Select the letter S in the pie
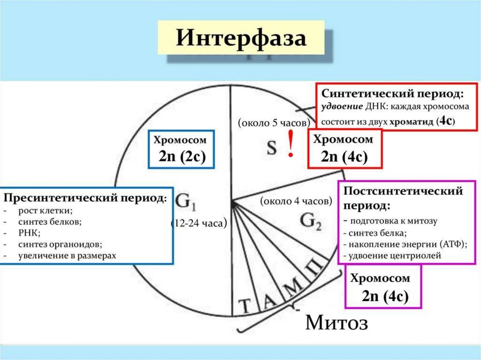pos(272,148)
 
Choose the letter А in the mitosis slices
pos(270,301)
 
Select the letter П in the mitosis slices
pos(316,271)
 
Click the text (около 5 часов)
pos(274,123)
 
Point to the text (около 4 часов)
pos(296,201)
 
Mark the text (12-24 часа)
pos(199,224)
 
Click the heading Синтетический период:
pos(395,93)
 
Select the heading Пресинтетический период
pos(85,197)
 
